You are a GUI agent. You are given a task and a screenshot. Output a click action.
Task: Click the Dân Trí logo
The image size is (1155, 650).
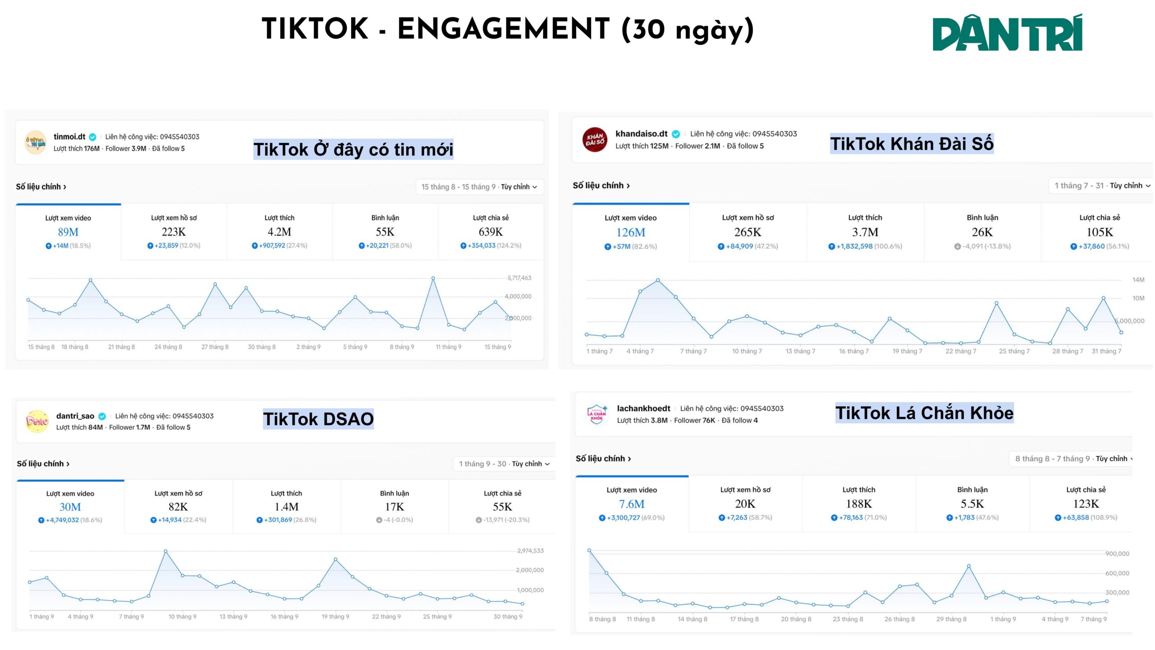click(1007, 32)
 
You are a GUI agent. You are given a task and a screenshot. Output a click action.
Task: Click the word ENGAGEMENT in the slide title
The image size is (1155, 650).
click(503, 29)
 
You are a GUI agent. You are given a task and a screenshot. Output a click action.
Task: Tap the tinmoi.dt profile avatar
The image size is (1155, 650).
click(35, 142)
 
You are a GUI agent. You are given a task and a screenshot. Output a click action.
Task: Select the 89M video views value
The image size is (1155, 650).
click(68, 232)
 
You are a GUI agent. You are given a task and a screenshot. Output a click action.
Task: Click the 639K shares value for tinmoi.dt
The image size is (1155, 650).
click(490, 232)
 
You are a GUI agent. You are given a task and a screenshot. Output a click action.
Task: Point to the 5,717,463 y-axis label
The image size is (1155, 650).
click(519, 278)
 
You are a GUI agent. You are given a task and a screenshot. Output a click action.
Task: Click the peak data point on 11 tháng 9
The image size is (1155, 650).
click(433, 279)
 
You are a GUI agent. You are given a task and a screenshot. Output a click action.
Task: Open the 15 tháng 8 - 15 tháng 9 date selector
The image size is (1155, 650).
click(479, 187)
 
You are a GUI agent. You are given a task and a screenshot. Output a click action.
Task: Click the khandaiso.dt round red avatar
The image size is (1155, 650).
click(594, 139)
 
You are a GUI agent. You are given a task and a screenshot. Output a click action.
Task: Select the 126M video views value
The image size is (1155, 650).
click(630, 232)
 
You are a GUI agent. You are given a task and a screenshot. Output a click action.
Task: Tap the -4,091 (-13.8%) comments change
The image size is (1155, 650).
click(982, 246)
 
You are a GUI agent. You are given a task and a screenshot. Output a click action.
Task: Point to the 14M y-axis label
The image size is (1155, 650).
click(1138, 280)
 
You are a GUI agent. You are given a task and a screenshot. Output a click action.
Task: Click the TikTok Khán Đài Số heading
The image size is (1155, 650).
click(911, 144)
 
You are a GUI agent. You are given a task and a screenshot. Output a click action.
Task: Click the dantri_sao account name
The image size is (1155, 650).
click(75, 416)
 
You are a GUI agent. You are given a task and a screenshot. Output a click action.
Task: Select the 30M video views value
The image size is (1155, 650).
click(70, 507)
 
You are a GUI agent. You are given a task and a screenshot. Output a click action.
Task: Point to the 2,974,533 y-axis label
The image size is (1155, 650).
click(530, 551)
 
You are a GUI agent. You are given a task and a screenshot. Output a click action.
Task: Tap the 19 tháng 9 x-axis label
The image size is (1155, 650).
click(335, 617)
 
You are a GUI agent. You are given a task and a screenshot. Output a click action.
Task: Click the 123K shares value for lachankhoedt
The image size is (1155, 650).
click(1086, 504)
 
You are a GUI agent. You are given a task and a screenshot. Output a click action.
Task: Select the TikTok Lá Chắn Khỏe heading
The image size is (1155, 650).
click(924, 413)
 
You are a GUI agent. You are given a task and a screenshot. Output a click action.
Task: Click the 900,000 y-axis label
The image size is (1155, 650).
click(1117, 554)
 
